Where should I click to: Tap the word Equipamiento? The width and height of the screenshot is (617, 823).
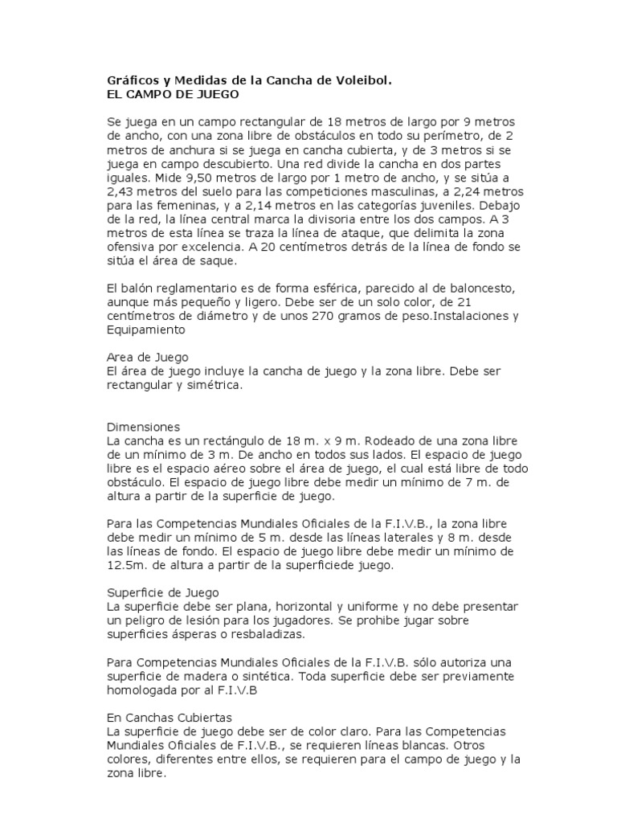click(146, 329)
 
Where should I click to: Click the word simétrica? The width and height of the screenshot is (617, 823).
click(211, 385)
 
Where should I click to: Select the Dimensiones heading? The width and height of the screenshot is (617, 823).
click(144, 427)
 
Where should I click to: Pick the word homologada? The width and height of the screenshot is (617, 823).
click(145, 690)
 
